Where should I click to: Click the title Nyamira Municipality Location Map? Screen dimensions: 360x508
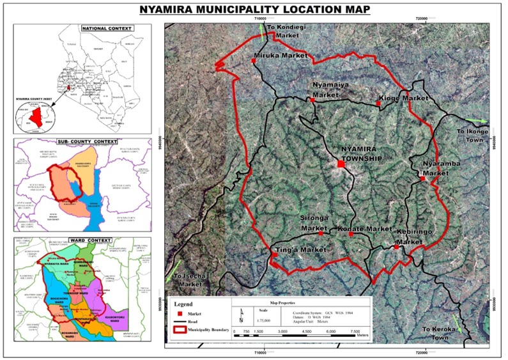pos(254,9)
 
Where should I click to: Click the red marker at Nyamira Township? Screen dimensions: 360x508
pos(341,164)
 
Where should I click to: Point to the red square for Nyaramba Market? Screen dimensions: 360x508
pos(422,178)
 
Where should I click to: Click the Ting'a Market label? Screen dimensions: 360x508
pos(296,249)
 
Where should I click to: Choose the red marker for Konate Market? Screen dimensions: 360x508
pos(351,234)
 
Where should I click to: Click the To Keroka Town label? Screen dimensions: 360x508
pos(442,333)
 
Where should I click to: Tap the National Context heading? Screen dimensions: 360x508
pos(107,29)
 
